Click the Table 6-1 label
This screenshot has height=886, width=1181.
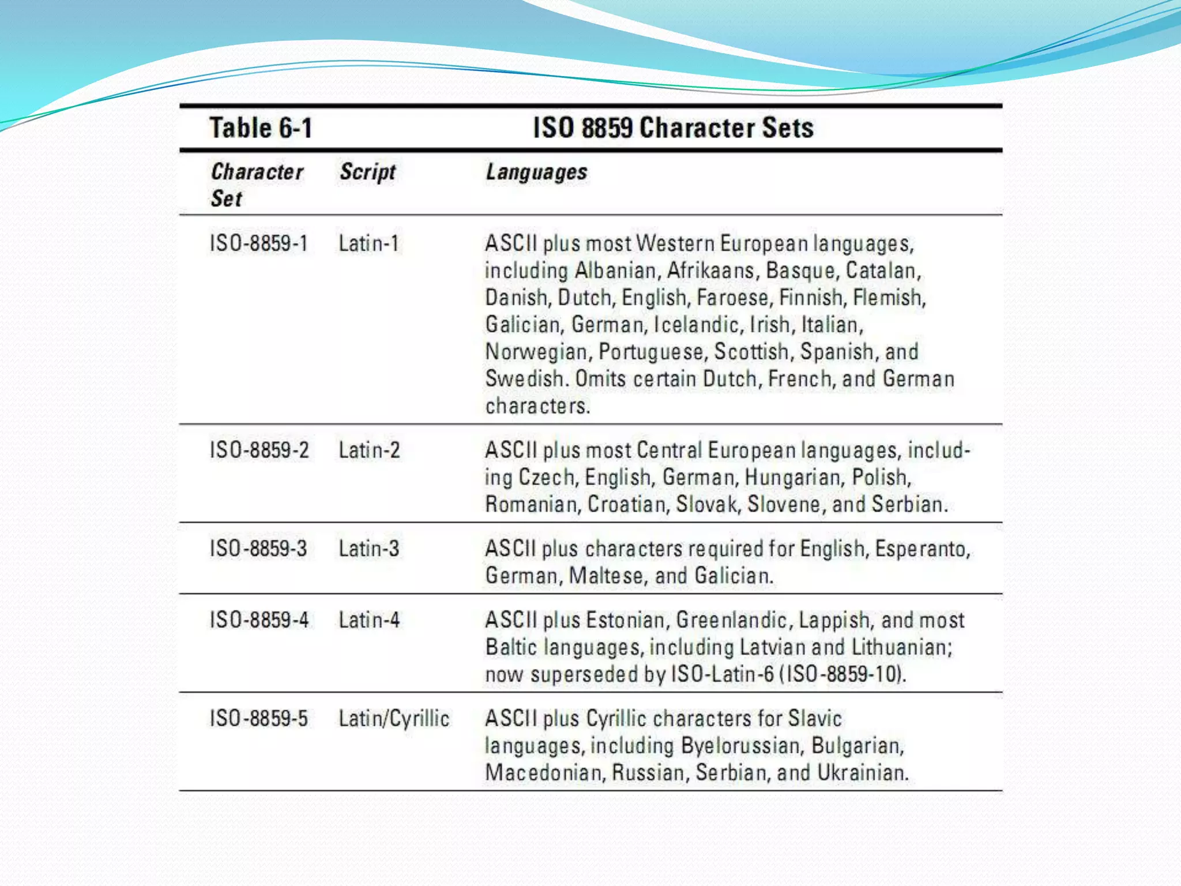pos(261,127)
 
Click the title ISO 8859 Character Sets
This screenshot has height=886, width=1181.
pos(673,127)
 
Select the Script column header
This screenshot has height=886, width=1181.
pos(367,172)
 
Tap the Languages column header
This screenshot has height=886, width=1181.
pos(536,172)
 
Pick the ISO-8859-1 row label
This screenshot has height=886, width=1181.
pos(258,243)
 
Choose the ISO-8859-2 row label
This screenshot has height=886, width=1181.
pos(259,450)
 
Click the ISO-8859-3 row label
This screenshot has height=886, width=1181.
pos(258,549)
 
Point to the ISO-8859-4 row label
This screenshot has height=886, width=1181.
pos(259,620)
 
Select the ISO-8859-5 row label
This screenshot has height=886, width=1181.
pos(258,719)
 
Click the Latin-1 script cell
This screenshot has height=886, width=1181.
pos(368,243)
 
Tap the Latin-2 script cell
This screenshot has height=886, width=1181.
pos(369,450)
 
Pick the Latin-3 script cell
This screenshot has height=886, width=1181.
pos(368,549)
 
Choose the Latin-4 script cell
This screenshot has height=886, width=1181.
pos(369,620)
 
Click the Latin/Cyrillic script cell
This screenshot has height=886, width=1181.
pos(394,719)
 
